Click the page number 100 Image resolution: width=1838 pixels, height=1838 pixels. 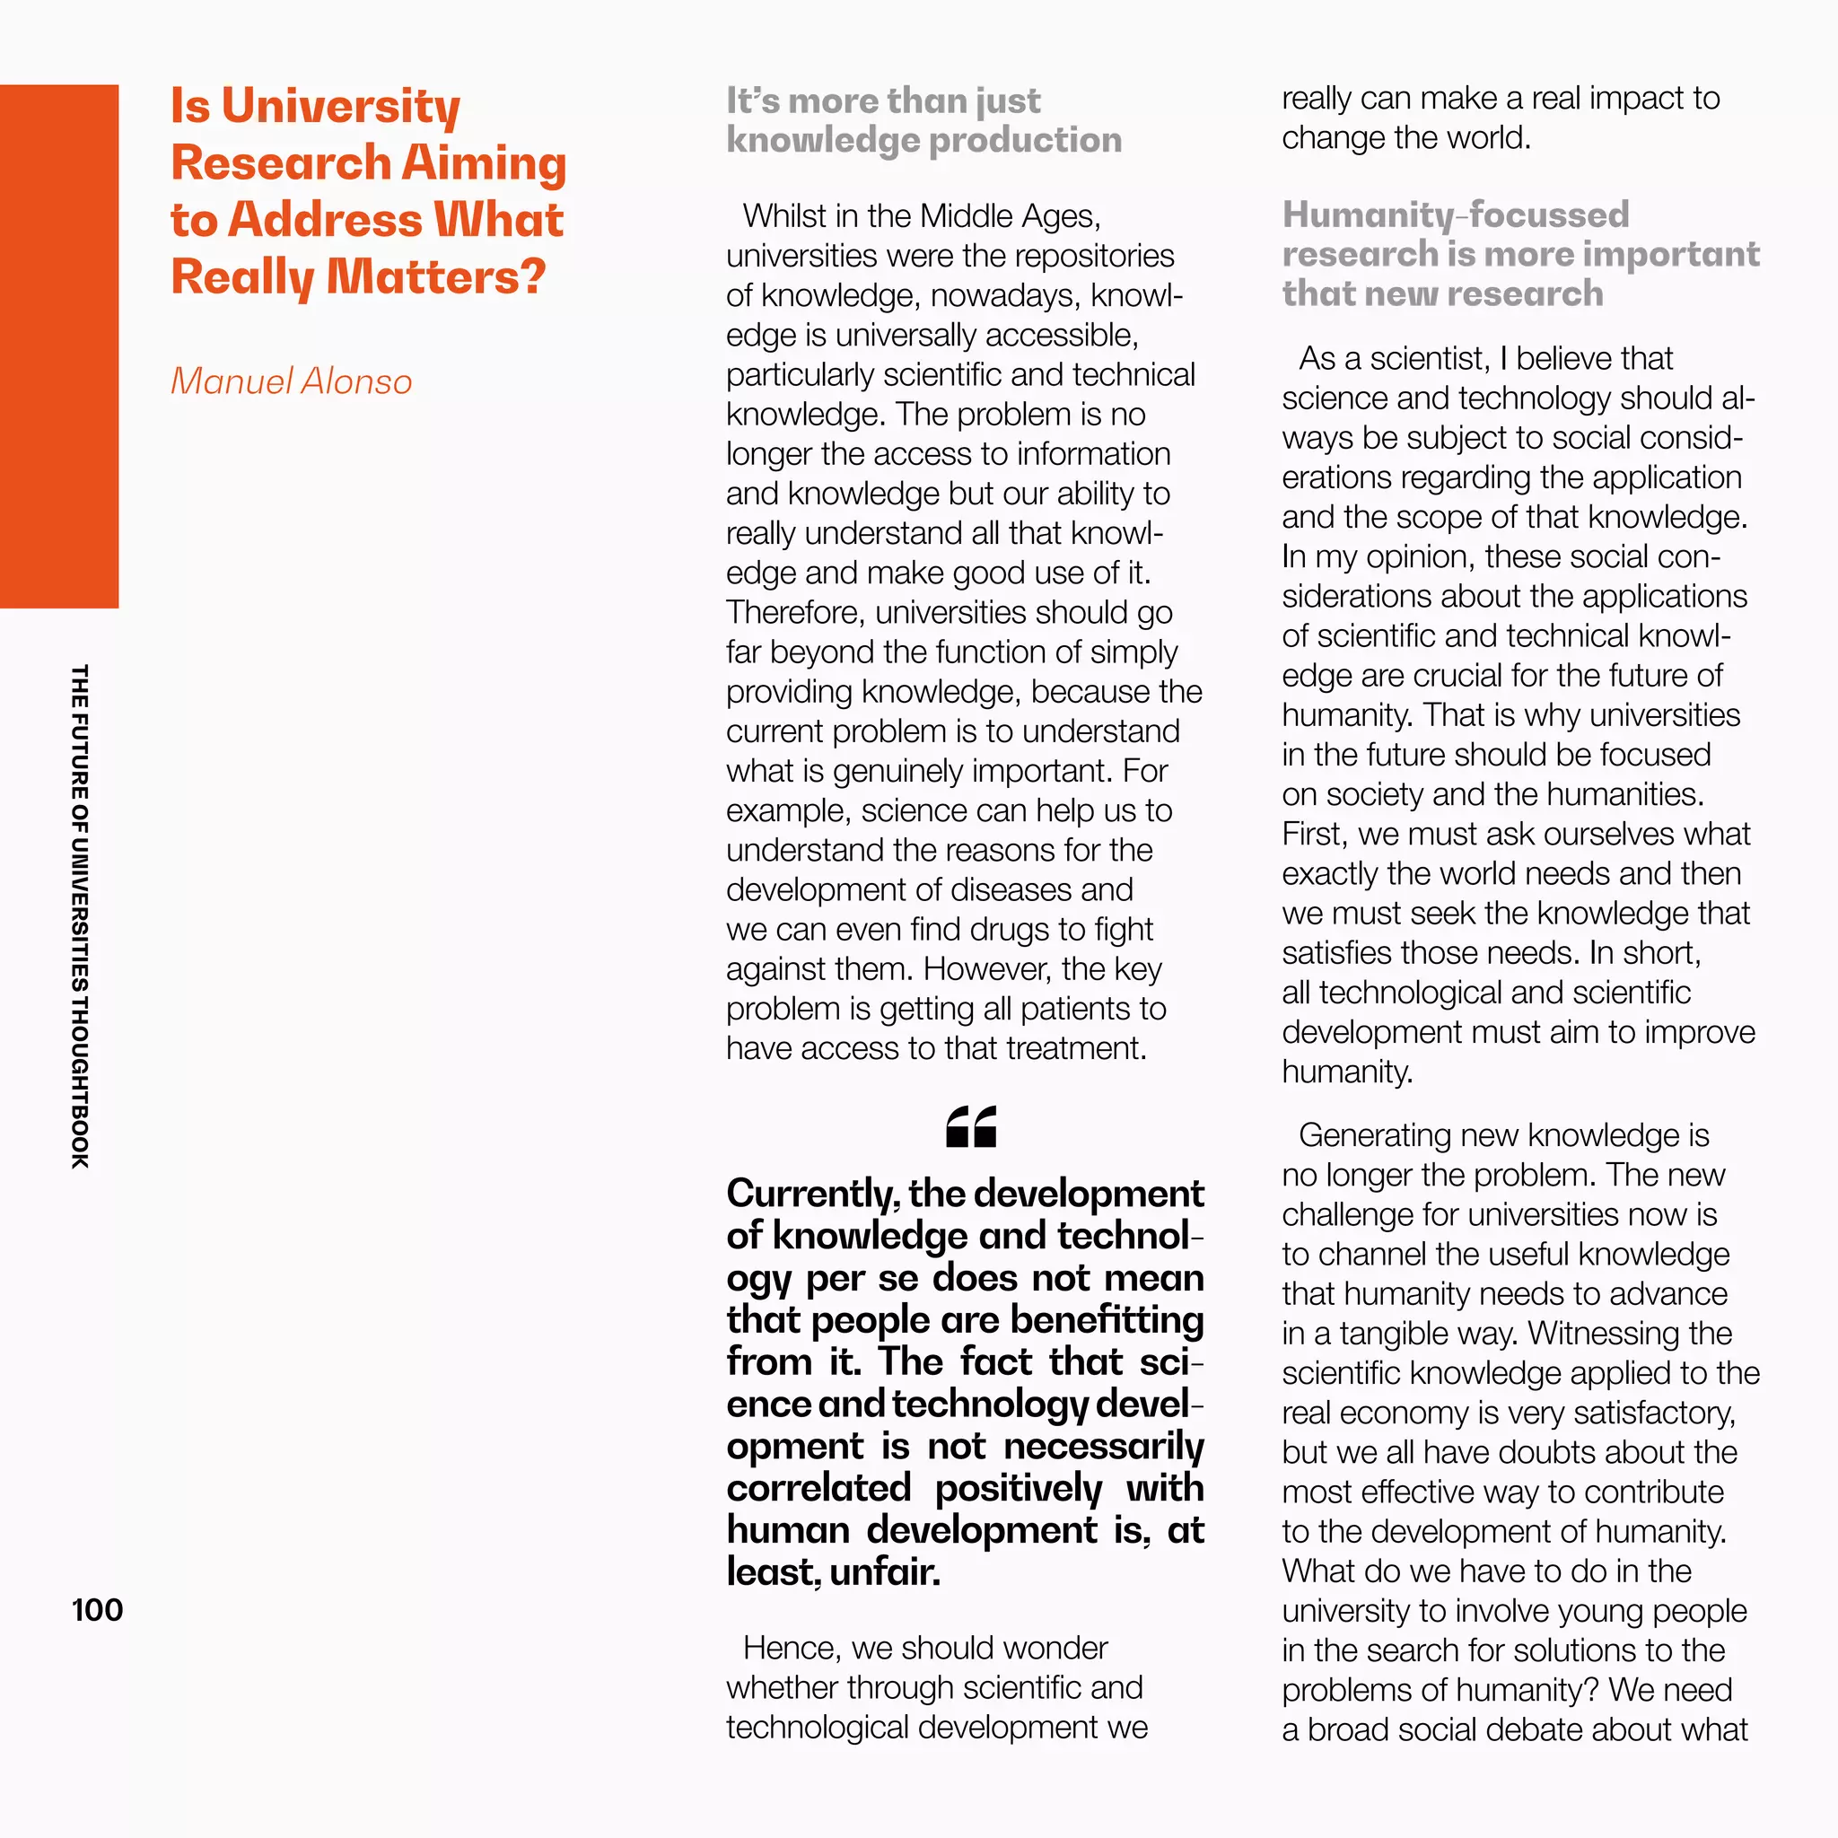[97, 1610]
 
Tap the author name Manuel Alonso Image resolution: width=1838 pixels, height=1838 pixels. [291, 381]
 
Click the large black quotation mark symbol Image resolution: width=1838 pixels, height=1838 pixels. [970, 1127]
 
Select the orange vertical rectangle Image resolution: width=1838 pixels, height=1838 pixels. [59, 346]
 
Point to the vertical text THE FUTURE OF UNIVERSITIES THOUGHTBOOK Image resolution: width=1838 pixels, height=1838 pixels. [80, 916]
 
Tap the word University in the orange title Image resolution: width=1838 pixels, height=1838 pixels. [340, 106]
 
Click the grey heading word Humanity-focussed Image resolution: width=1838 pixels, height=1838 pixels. [1455, 215]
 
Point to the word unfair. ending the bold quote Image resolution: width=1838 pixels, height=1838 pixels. [885, 1571]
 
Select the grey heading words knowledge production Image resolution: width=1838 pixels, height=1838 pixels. [923, 141]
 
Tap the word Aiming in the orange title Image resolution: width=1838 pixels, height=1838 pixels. [484, 162]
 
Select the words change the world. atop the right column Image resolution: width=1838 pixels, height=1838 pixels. [1405, 138]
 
